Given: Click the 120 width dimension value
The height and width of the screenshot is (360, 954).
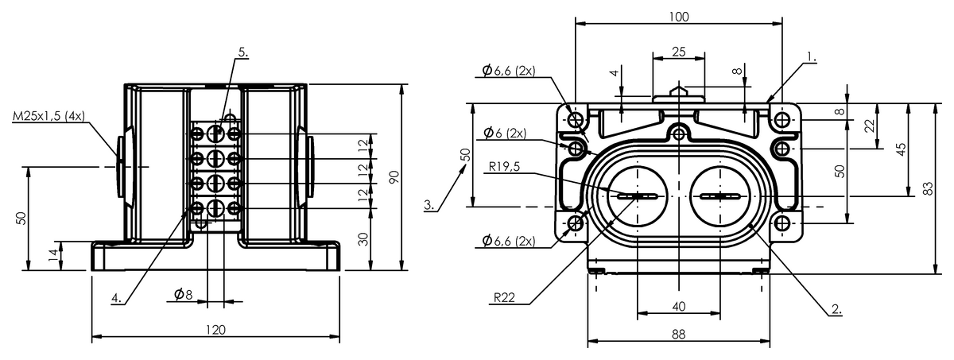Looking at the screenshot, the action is click(215, 330).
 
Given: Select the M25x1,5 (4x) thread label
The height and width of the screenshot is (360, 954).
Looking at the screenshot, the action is click(49, 116).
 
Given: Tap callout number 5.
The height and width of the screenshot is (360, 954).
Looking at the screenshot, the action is click(242, 52).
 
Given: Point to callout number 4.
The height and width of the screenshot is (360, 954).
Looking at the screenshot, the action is click(116, 298).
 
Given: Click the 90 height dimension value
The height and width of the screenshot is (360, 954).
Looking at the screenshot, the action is click(394, 177).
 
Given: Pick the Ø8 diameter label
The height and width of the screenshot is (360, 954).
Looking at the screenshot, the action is click(183, 293).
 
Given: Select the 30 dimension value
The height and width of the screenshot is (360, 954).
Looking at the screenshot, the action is click(363, 239).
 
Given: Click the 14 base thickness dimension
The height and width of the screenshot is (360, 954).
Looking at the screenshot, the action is click(53, 255).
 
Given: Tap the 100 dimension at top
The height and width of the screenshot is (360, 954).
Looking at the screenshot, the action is click(678, 17).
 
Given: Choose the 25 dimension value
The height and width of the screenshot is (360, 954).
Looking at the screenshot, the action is click(678, 52).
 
